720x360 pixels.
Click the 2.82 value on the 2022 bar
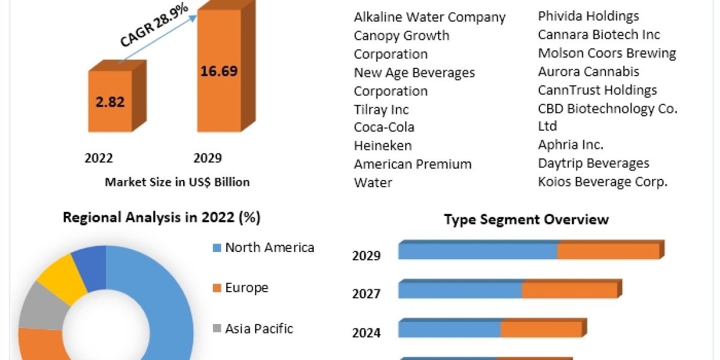pos(110,101)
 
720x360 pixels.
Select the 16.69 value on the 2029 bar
pos(218,71)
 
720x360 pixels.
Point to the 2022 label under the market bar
pos(99,158)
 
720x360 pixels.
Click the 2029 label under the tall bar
pos(208,158)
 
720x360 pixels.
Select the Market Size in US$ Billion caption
pos(177,182)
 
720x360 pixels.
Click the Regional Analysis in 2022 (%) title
pos(162,218)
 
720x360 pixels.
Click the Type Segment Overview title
pos(526,220)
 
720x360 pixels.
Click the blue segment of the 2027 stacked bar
pos(460,290)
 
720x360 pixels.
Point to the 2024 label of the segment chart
pos(366,332)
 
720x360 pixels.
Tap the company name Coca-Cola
pos(384,127)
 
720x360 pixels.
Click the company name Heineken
pos(383,146)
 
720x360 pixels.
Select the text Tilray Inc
pos(381,110)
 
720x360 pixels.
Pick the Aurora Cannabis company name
pos(589,72)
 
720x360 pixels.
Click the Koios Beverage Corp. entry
pos(602,182)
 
